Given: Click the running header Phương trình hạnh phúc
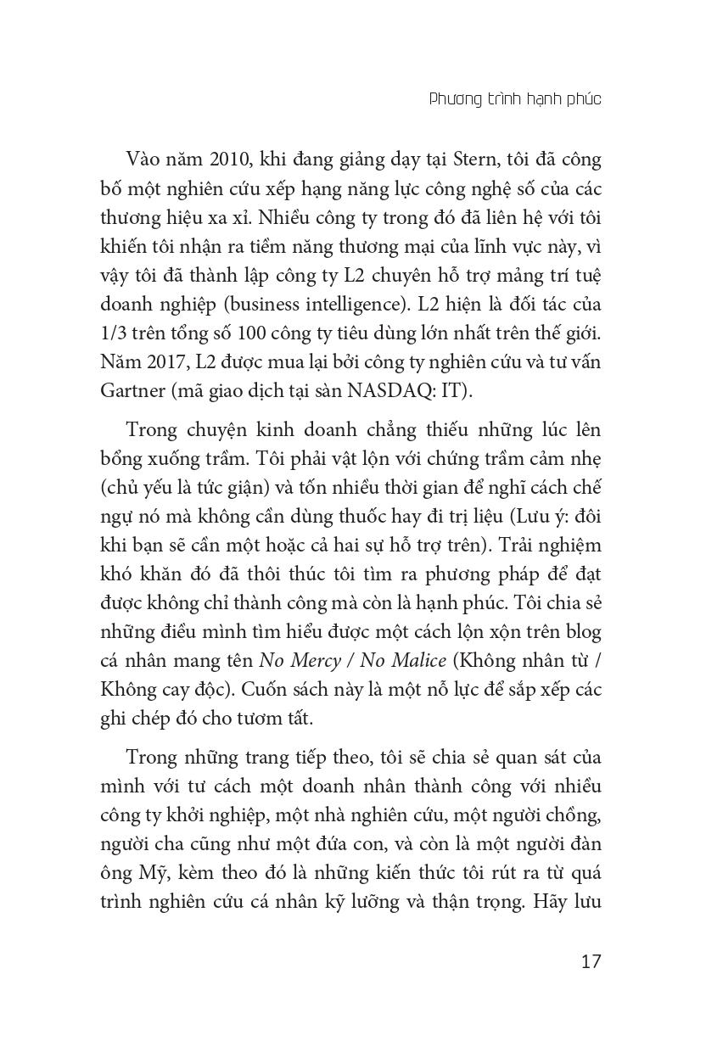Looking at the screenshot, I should coord(515,99).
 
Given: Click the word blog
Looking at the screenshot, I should coord(583,632).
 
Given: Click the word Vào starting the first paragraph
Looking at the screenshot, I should coord(143,160).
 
